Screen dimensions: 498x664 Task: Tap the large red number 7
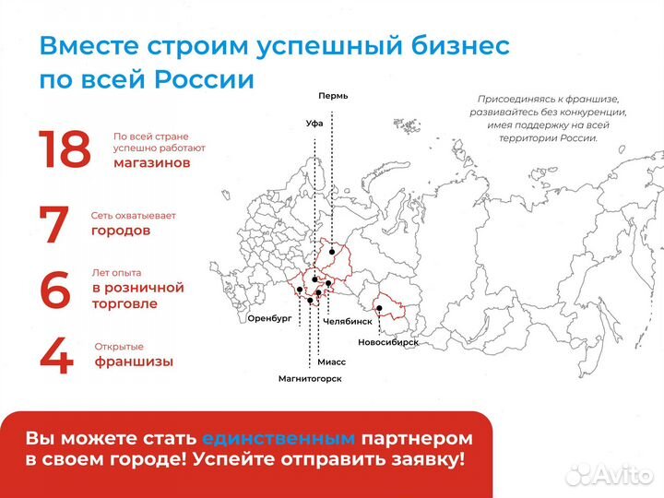tap(55, 224)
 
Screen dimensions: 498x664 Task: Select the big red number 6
tap(55, 290)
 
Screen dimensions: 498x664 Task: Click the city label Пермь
tap(332, 96)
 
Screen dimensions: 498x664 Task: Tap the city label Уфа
tap(315, 123)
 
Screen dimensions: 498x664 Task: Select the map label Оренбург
tap(269, 317)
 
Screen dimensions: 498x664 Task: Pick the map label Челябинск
tap(348, 322)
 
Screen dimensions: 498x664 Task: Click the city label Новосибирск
tap(388, 342)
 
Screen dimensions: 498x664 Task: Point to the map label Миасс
tap(331, 362)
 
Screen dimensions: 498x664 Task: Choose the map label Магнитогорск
tap(310, 379)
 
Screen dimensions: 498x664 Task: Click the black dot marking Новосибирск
tap(379, 308)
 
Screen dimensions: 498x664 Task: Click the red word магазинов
tap(151, 162)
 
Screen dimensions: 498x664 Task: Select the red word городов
tap(120, 231)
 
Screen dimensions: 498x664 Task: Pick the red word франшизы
tap(134, 362)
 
